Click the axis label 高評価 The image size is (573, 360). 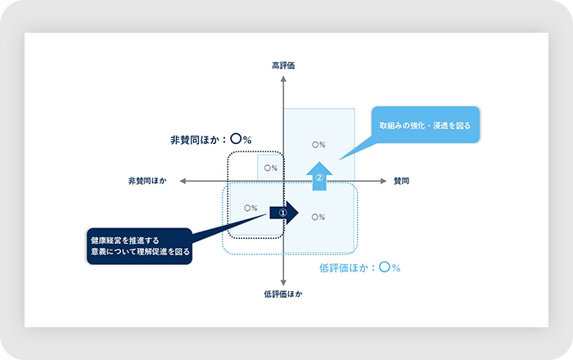click(283, 65)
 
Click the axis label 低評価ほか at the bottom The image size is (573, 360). click(282, 293)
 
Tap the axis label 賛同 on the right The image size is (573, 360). click(401, 180)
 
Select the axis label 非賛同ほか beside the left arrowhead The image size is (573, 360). click(147, 180)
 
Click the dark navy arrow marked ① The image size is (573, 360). click(286, 213)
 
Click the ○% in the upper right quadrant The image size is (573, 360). click(319, 144)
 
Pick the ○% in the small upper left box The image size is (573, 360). click(269, 168)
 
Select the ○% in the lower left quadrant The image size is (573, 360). click(250, 208)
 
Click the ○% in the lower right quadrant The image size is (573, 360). click(319, 216)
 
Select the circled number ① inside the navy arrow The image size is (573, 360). click(283, 213)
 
